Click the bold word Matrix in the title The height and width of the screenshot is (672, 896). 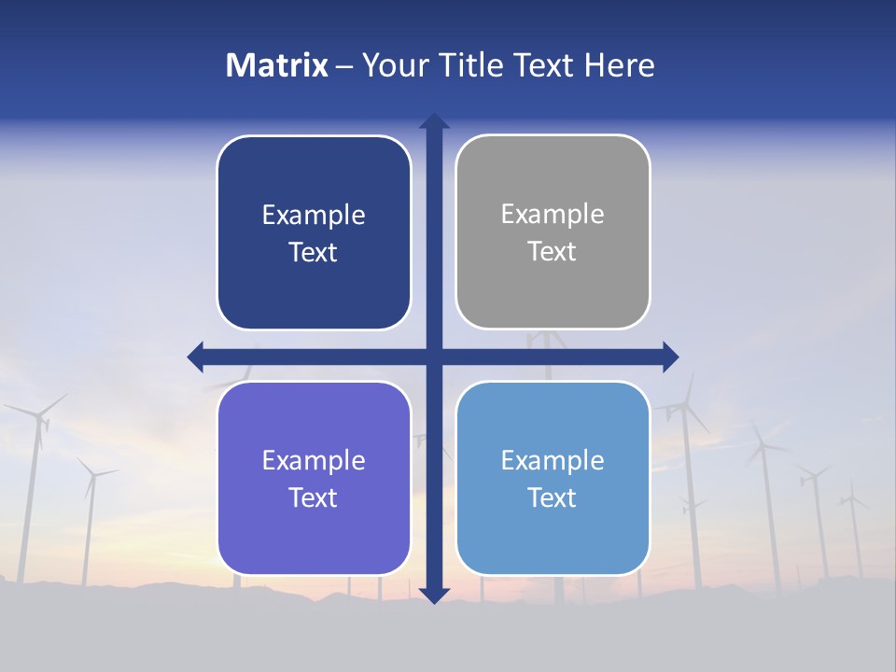(x=277, y=65)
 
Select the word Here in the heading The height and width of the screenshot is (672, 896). (x=619, y=65)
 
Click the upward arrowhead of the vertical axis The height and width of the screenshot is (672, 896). (x=434, y=121)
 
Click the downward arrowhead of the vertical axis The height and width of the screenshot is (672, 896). (x=434, y=595)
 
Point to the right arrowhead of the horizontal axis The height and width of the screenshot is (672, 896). (x=670, y=357)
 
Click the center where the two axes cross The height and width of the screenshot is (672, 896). (x=434, y=357)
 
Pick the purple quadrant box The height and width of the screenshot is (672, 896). (x=314, y=532)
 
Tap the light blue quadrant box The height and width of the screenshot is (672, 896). (x=553, y=532)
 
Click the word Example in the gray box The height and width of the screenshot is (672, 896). (x=553, y=214)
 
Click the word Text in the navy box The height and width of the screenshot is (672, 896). (x=314, y=252)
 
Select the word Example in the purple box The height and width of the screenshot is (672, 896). (x=314, y=460)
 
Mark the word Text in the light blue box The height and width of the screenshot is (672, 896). (x=553, y=497)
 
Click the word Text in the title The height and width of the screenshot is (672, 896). (x=541, y=65)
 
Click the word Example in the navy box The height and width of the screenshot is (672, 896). (x=314, y=215)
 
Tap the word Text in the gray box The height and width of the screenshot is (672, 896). (x=553, y=251)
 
